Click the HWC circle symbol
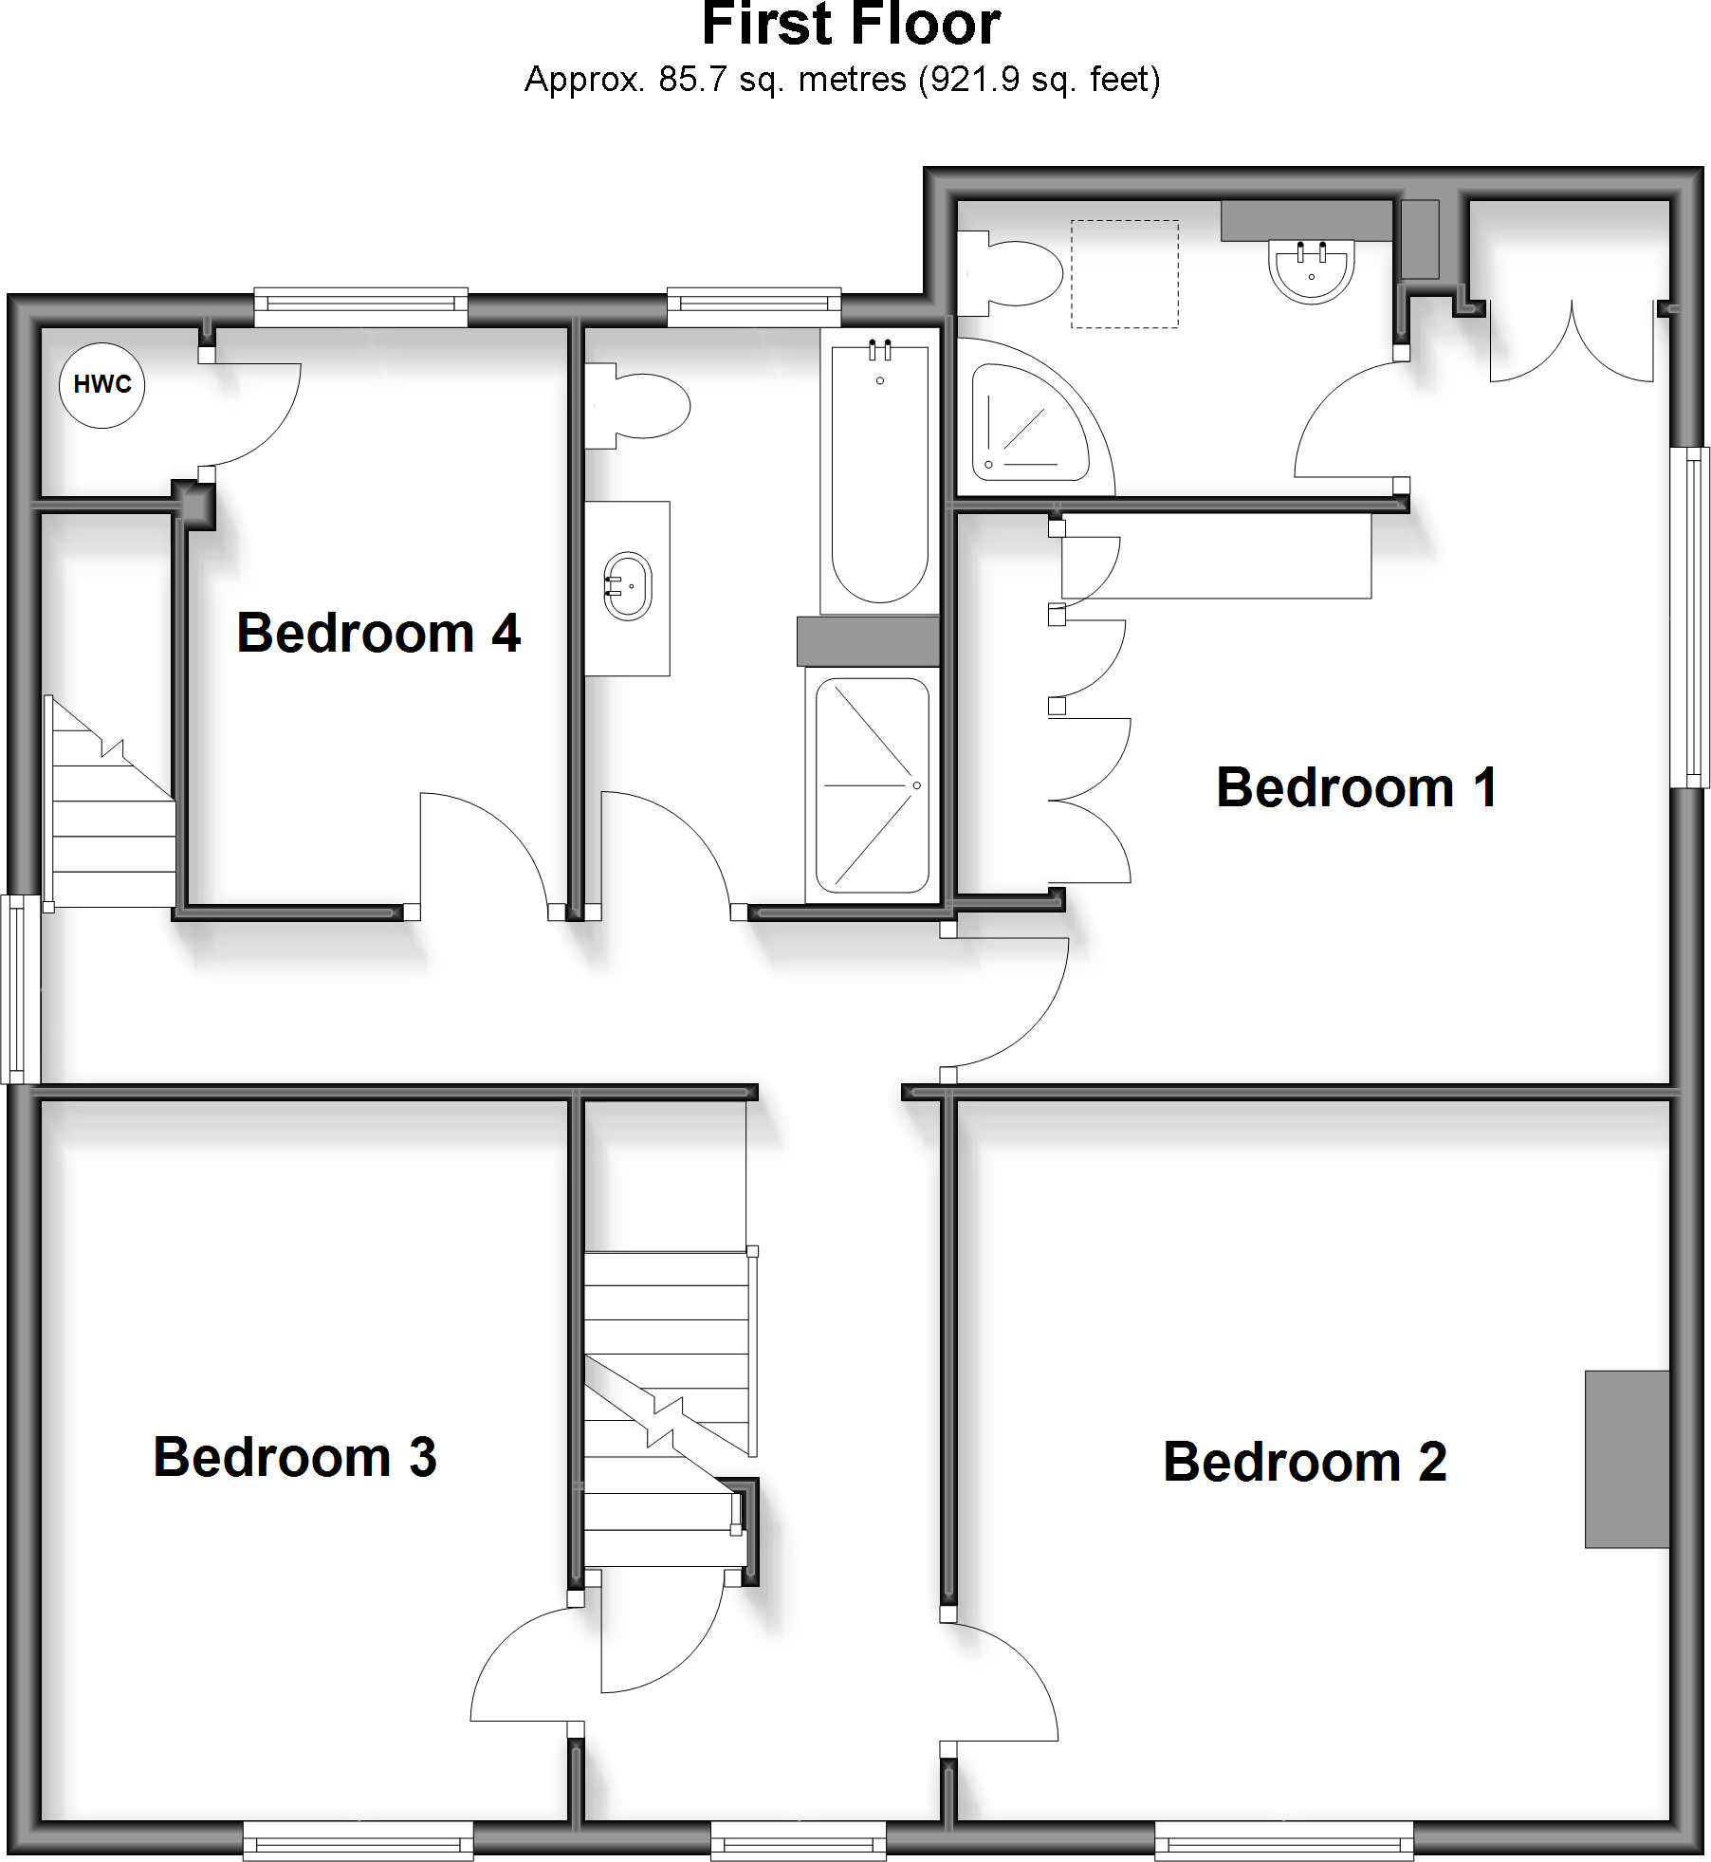102,384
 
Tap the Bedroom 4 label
377,633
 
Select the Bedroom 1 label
1356,787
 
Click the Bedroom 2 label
1304,1462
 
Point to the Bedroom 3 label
294,1457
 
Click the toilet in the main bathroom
637,407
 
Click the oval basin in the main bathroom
628,586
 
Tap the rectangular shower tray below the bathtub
872,785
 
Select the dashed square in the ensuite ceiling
1125,274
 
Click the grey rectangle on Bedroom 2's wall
1627,1458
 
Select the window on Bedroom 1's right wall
1689,617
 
